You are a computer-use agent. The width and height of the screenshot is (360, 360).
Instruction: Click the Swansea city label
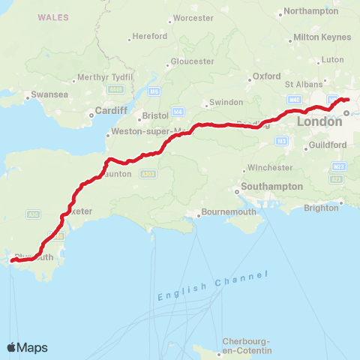(39, 95)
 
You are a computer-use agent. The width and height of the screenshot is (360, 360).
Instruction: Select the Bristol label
(155, 116)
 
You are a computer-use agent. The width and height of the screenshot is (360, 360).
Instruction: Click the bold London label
(320, 121)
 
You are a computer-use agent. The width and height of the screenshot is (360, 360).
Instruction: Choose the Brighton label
(322, 207)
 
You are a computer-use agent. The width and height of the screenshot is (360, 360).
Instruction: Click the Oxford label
(266, 76)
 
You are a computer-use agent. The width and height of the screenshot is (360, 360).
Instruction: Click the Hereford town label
(149, 36)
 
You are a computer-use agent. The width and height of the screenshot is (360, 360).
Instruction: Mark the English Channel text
(213, 288)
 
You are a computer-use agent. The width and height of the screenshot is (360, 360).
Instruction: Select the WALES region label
(53, 16)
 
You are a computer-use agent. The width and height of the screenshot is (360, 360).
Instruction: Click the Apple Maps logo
(28, 347)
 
